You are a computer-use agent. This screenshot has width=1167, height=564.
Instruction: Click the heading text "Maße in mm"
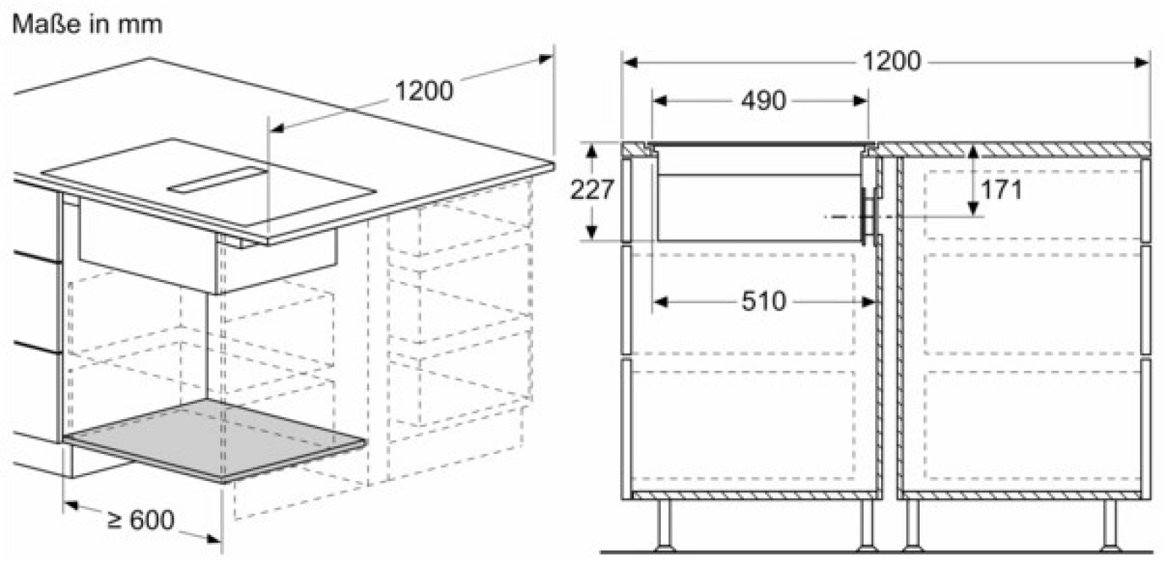click(88, 24)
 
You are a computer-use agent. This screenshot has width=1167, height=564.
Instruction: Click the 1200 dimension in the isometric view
click(424, 91)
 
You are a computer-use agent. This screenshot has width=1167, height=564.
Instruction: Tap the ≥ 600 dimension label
click(141, 520)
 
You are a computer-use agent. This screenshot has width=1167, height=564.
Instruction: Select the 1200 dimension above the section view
click(892, 61)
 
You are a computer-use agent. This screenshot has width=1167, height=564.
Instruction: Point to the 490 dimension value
click(763, 101)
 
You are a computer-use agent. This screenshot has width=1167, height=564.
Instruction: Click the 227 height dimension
click(592, 190)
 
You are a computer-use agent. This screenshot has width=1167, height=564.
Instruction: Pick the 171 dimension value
click(1001, 190)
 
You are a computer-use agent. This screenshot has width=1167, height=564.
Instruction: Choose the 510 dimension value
click(763, 301)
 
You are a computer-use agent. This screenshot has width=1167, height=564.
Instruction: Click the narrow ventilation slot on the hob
click(217, 179)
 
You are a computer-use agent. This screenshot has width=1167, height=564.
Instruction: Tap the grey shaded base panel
click(214, 440)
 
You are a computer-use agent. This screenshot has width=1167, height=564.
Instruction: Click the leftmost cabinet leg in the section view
click(665, 525)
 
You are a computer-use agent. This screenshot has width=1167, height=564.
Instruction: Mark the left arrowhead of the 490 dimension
click(659, 101)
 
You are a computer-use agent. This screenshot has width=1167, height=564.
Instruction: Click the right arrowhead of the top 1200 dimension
click(1141, 63)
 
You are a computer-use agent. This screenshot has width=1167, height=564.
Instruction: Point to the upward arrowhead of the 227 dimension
click(591, 151)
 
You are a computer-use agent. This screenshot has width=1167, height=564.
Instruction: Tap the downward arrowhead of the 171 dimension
click(973, 208)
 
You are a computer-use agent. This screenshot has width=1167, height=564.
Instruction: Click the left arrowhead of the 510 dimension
click(660, 302)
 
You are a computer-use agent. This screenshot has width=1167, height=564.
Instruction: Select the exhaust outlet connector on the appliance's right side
click(869, 216)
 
